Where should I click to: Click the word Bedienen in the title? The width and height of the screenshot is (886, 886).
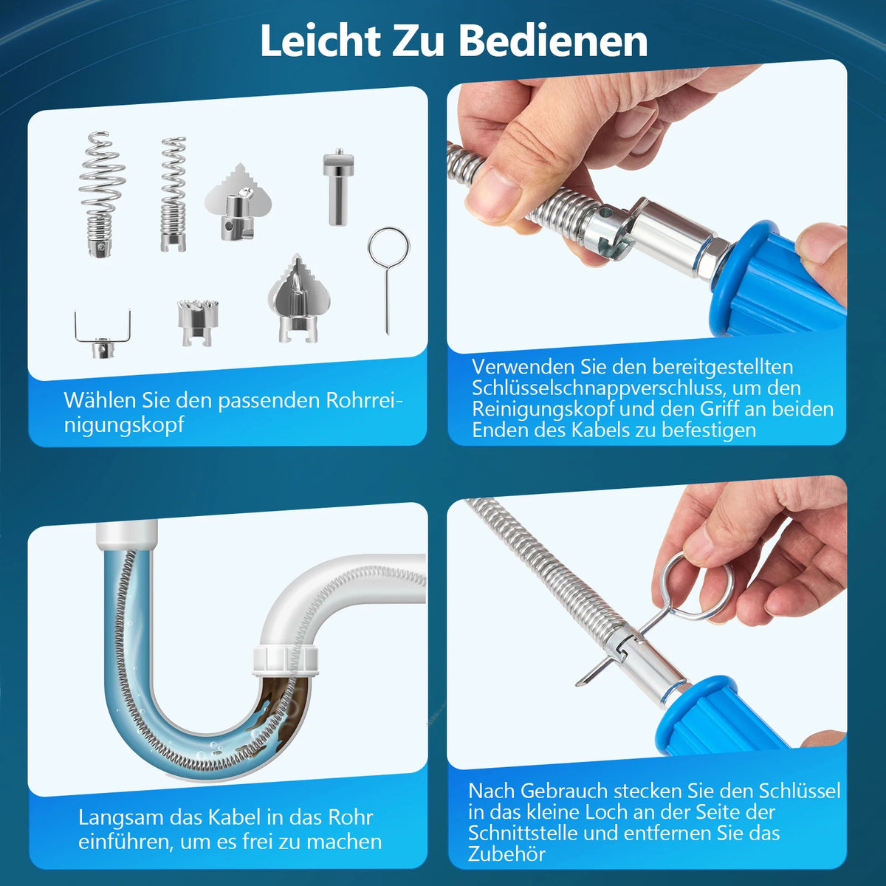tap(554, 41)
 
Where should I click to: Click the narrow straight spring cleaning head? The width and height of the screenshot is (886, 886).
tap(174, 194)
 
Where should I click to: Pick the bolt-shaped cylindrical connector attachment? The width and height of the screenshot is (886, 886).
tap(338, 186)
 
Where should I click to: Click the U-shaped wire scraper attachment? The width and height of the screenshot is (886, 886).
tap(103, 334)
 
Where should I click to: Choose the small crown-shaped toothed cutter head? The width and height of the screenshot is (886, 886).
tap(198, 322)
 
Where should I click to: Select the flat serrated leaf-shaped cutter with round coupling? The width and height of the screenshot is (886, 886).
tap(238, 202)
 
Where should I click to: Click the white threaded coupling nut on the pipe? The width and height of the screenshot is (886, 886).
tap(286, 661)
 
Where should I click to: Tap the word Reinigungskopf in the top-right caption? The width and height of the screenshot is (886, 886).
tap(543, 410)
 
